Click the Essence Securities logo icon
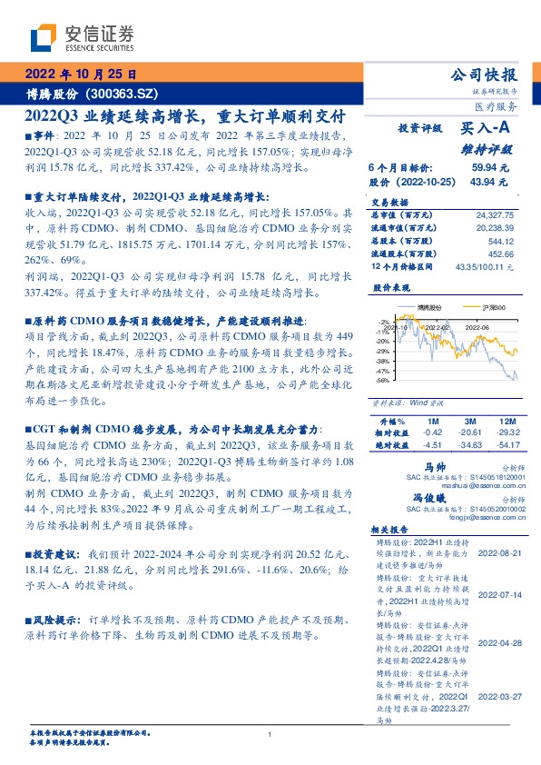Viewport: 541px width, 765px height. point(43,37)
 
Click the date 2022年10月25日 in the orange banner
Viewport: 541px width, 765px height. point(79,75)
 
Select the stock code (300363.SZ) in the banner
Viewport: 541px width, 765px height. point(126,94)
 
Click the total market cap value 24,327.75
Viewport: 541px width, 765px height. point(493,214)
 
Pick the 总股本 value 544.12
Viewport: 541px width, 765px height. point(500,241)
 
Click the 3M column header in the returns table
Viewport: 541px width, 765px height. point(470,422)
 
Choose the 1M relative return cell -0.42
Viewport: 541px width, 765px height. point(433,434)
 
